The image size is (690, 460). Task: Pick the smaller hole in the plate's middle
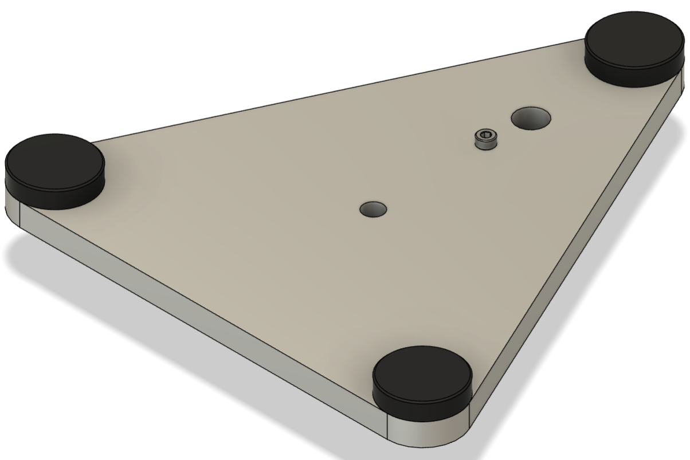click(x=373, y=209)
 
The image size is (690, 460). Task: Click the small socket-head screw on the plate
click(x=485, y=139)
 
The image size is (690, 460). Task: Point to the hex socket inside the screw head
click(x=485, y=136)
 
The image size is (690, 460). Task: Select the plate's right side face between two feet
click(x=579, y=258)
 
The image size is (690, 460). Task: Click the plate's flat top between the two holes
click(x=436, y=172)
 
